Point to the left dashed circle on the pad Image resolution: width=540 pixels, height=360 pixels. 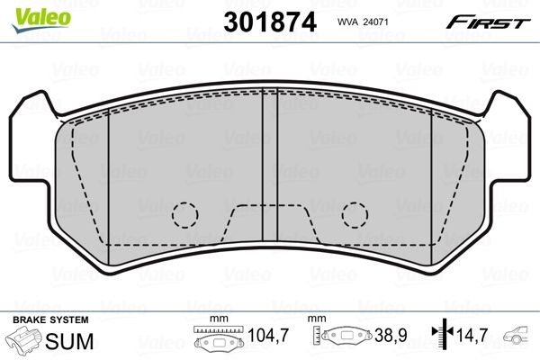(184, 214)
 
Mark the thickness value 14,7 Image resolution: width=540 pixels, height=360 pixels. (472, 339)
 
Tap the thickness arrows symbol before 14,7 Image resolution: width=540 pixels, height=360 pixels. (441, 339)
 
